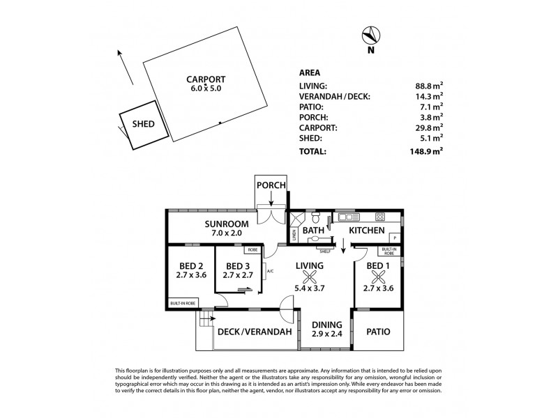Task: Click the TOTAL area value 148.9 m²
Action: [429, 150]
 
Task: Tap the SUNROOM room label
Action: [223, 224]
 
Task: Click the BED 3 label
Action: [238, 266]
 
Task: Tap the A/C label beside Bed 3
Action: [270, 272]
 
